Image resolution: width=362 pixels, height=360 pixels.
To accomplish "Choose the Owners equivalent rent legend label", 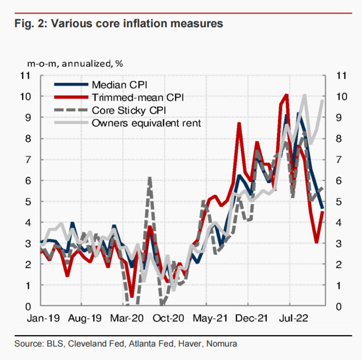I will pyautogui.click(x=146, y=122).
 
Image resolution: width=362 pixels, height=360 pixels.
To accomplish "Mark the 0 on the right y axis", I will pyautogui.click(x=339, y=307).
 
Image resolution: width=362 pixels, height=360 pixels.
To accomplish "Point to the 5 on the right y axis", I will pyautogui.click(x=339, y=202).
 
